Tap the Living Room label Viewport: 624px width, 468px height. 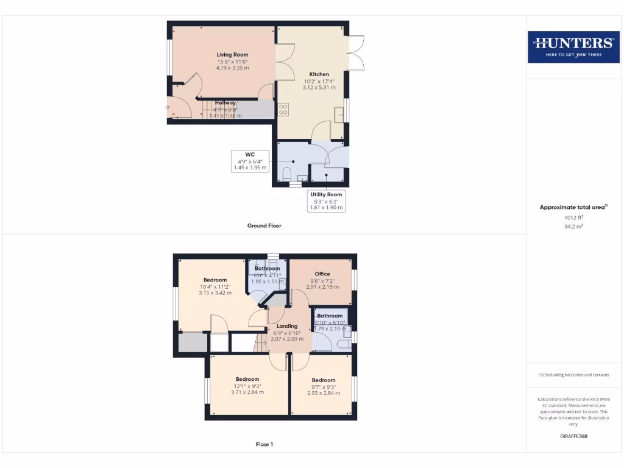pyautogui.click(x=232, y=55)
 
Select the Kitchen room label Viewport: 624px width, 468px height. pyautogui.click(x=319, y=74)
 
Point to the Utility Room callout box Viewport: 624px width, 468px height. pyautogui.click(x=326, y=200)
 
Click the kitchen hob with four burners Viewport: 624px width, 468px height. pyautogui.click(x=283, y=110)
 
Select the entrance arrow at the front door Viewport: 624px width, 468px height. pyautogui.click(x=167, y=107)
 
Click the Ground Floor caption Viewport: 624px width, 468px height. pyautogui.click(x=264, y=225)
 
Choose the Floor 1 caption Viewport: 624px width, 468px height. pyautogui.click(x=264, y=444)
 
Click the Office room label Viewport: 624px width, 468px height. pyautogui.click(x=322, y=274)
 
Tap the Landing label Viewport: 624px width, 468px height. pyautogui.click(x=287, y=326)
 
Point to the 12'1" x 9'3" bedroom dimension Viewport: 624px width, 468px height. pyautogui.click(x=247, y=386)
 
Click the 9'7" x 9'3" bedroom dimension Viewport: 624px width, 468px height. pyautogui.click(x=323, y=386)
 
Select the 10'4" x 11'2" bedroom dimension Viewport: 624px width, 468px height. pyautogui.click(x=215, y=286)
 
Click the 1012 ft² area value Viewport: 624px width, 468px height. pyautogui.click(x=573, y=217)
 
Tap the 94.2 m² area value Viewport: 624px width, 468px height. pyautogui.click(x=573, y=225)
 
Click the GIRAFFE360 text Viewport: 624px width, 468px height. pyautogui.click(x=573, y=436)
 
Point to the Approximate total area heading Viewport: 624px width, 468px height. pyautogui.click(x=573, y=207)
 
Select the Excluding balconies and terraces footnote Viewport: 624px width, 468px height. pyautogui.click(x=573, y=375)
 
